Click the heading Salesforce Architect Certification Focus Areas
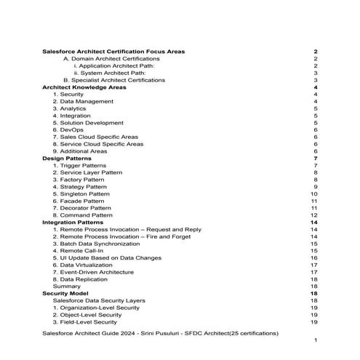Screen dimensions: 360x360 pyautogui.click(x=113, y=52)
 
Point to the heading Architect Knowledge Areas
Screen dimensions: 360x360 pyautogui.click(x=85, y=87)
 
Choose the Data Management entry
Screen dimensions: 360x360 pyautogui.click(x=83, y=102)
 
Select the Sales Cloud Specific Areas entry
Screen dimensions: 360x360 pyautogui.click(x=95, y=137)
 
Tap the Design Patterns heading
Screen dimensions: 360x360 pyautogui.click(x=67, y=159)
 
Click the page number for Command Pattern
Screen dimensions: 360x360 pyautogui.click(x=314, y=215)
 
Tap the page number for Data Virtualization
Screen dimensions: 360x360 pyautogui.click(x=314, y=265)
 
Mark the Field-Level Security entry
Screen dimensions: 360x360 pyautogui.click(x=84, y=322)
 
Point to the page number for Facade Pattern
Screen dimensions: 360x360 pyautogui.click(x=314, y=201)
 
